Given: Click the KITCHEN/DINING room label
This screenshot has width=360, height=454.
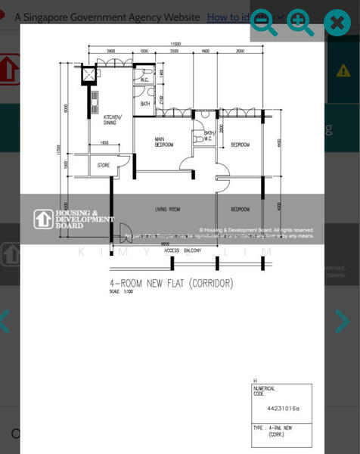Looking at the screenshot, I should click(113, 120).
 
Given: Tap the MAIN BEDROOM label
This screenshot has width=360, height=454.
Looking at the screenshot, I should click(164, 141).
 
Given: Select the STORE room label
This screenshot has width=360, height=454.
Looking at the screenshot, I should click(103, 164).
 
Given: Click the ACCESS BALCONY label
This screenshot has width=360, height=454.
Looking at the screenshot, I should click(182, 250).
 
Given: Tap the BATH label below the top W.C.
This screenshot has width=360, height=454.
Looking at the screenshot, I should click(144, 103).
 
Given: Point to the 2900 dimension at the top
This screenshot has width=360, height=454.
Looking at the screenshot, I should click(111, 51).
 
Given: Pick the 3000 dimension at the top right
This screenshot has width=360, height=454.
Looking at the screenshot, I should click(240, 51).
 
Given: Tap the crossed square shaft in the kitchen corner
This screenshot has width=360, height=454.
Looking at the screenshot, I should click(90, 74).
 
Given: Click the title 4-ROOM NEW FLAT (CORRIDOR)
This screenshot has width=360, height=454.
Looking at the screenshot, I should click(172, 284).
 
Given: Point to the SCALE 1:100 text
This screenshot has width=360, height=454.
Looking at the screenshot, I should click(120, 292).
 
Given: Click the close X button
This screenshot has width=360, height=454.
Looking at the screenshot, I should click(337, 23).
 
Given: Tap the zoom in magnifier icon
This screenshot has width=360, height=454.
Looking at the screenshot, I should click(300, 23).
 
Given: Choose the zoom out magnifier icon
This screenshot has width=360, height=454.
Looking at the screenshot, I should click(264, 23).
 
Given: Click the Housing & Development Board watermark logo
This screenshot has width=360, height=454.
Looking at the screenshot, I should click(73, 219).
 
